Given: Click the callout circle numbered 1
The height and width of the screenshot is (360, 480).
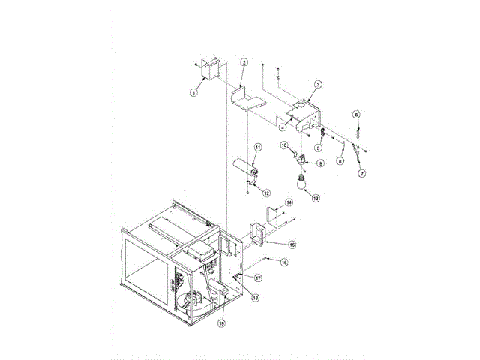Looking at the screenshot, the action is coord(193,92).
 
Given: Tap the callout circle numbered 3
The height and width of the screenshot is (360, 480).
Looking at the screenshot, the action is coord(318,85).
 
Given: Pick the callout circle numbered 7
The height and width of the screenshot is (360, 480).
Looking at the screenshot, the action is coord(361,172).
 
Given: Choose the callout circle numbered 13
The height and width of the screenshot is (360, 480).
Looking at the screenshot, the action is coord(316,199).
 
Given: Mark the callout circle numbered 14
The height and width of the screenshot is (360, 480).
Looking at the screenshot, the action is coord(289,202).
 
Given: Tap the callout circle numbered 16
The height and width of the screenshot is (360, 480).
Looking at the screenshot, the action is coord(284,262).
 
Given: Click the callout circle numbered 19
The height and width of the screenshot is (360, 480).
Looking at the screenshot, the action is coord(221,323).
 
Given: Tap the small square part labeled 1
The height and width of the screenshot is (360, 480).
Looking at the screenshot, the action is coord(208,69).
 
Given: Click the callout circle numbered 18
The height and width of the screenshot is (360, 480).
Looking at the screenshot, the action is coord(255,298).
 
